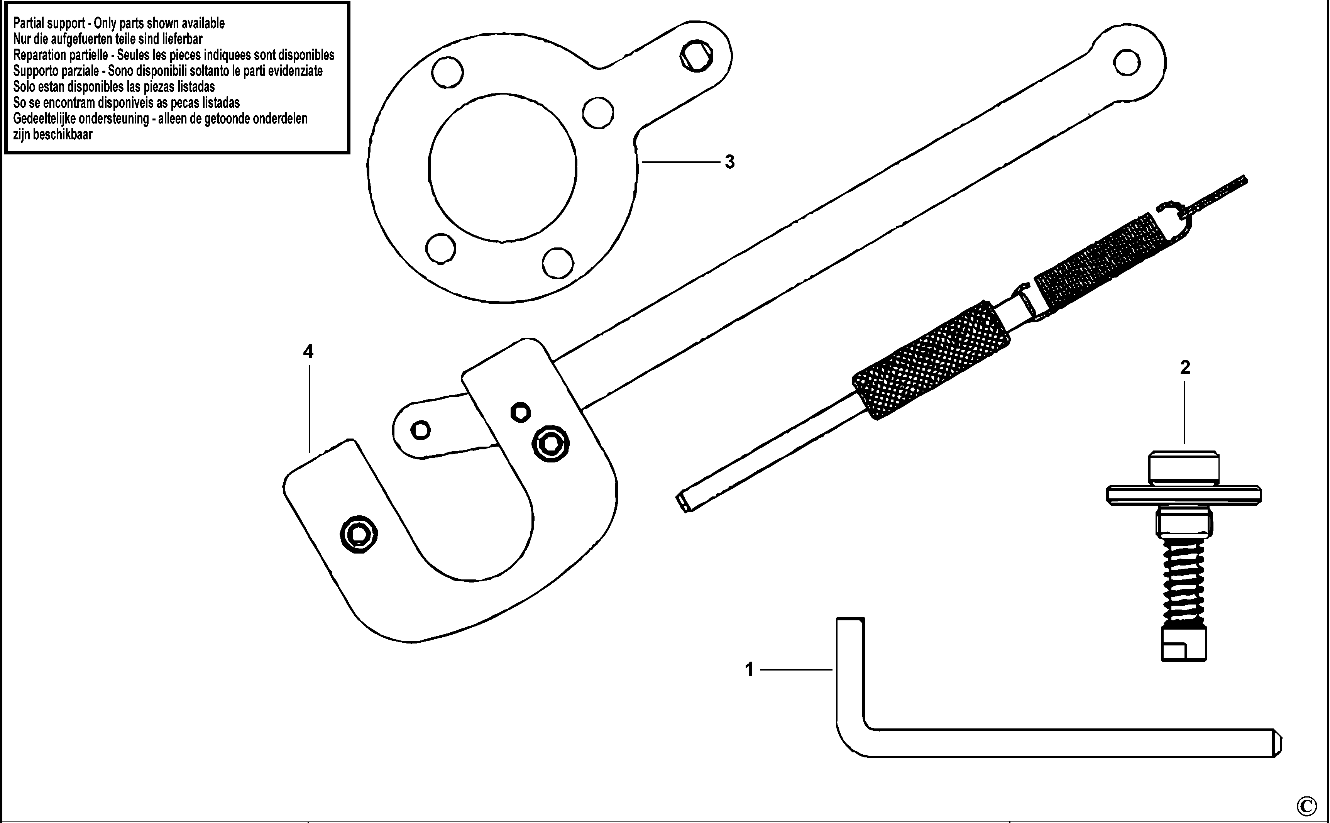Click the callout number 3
[730, 162]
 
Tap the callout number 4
[308, 352]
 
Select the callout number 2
[1185, 368]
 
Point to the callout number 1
[750, 669]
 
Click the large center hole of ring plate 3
[502, 168]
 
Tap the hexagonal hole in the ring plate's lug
[697, 55]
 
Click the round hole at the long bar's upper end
[1127, 63]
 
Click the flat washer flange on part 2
[1184, 495]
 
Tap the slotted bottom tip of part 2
[1184, 644]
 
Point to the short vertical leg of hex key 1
[850, 675]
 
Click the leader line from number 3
[681, 162]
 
